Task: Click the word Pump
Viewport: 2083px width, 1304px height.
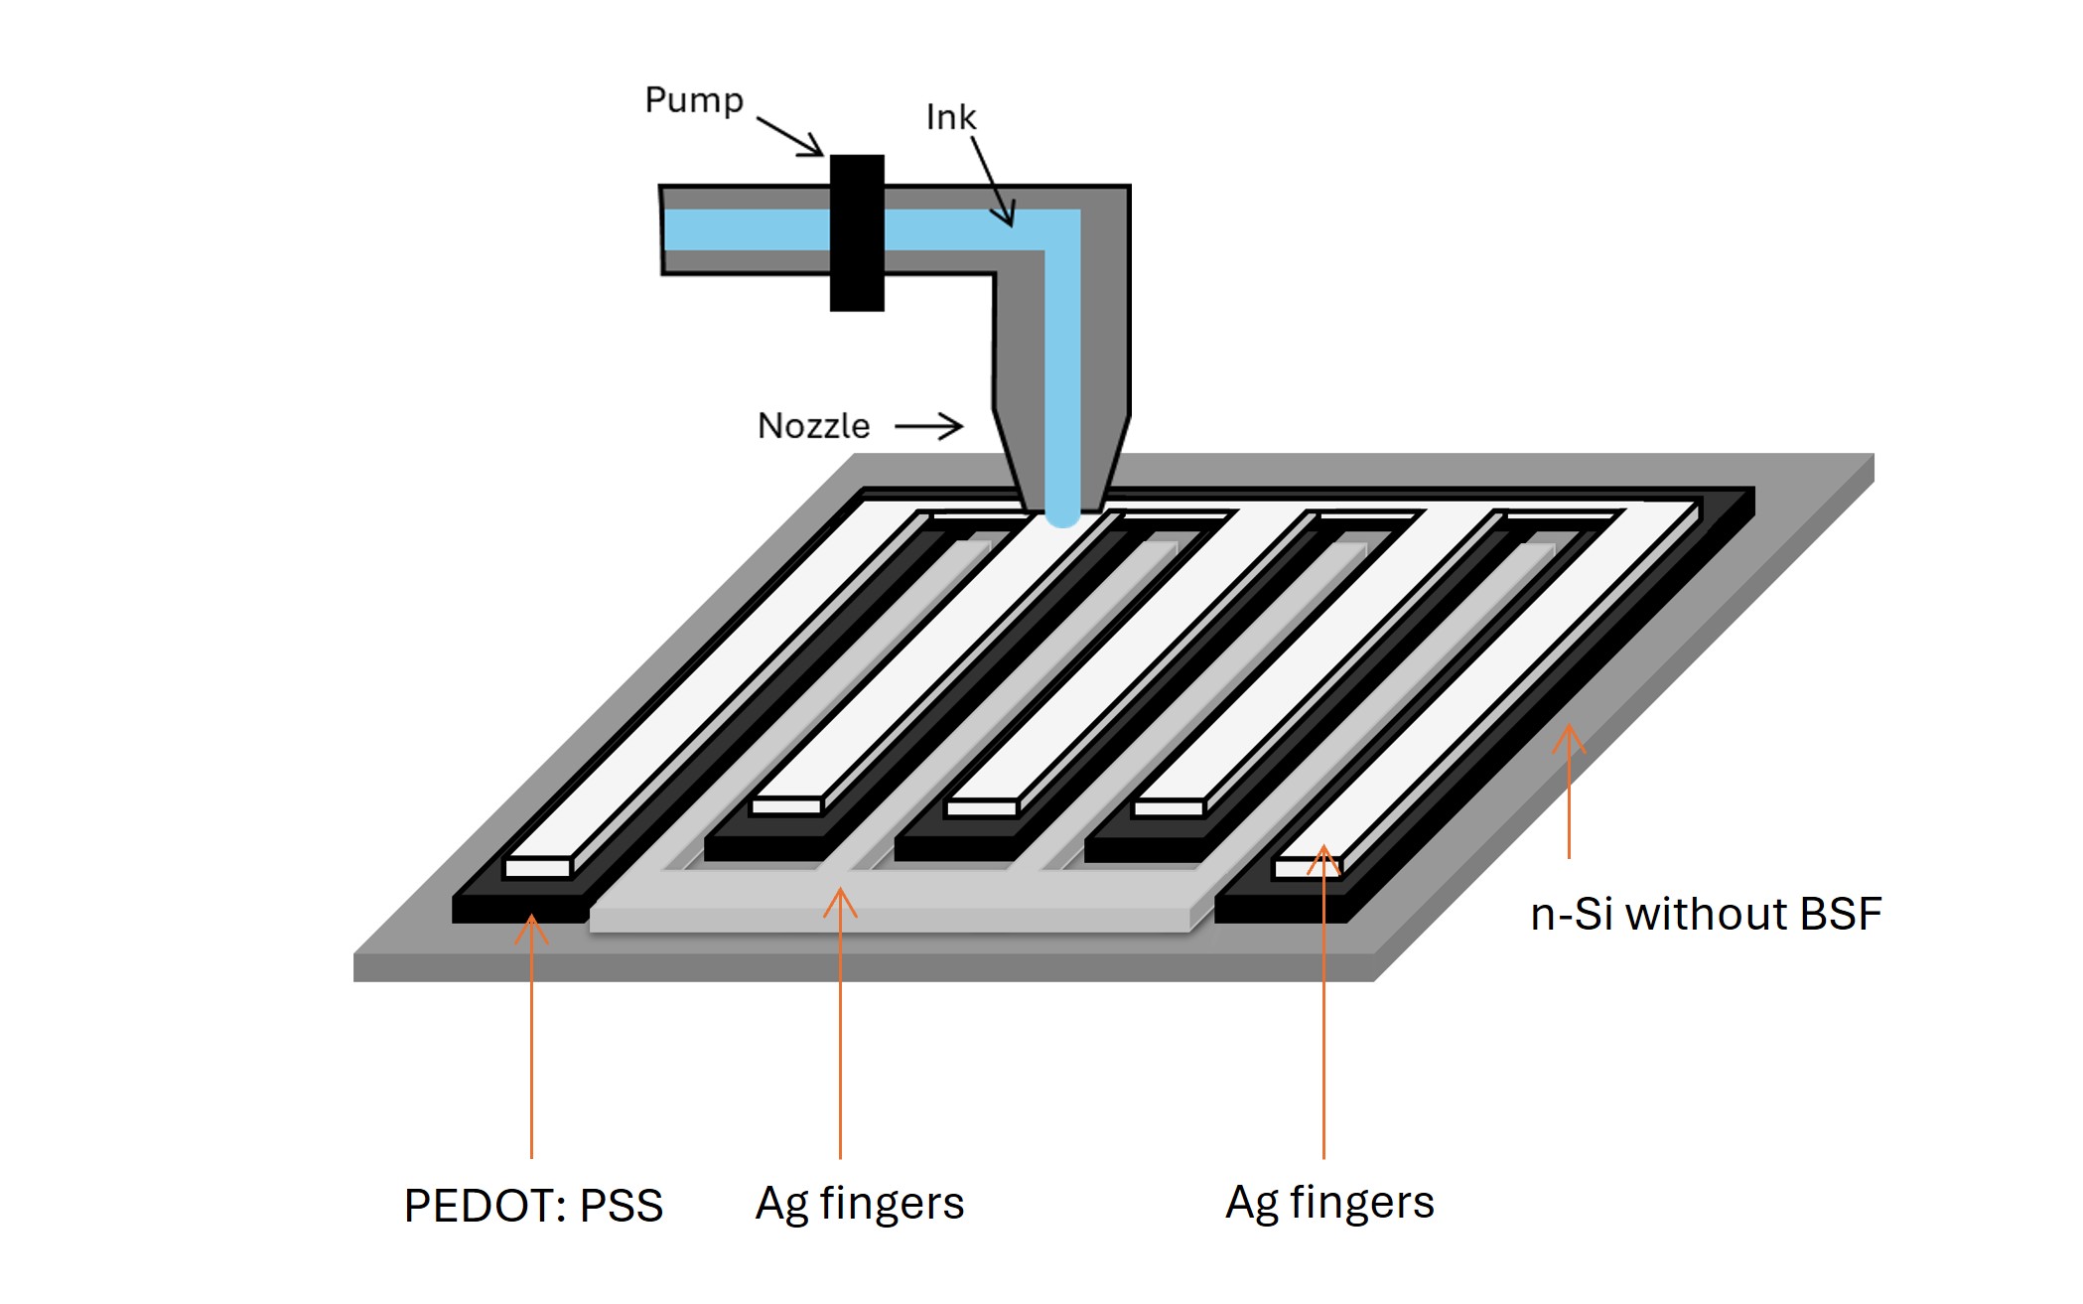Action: pyautogui.click(x=693, y=100)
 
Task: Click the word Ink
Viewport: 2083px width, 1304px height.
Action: pyautogui.click(x=950, y=117)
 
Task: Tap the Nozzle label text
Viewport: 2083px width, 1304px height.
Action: pyautogui.click(x=813, y=426)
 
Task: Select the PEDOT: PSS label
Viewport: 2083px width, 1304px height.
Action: pyautogui.click(x=533, y=1206)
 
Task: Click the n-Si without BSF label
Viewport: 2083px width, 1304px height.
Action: pyautogui.click(x=1705, y=914)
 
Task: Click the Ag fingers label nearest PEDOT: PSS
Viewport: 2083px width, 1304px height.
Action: pyautogui.click(x=859, y=1203)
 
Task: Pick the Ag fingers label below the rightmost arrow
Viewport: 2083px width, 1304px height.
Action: pyautogui.click(x=1329, y=1203)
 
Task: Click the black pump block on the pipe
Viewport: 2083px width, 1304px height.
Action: pyautogui.click(x=857, y=233)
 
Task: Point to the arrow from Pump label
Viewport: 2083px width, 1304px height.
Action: pyautogui.click(x=790, y=137)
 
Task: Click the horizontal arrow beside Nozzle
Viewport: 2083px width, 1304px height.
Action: pyautogui.click(x=928, y=427)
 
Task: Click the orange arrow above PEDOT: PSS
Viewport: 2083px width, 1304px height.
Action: pyautogui.click(x=531, y=1033)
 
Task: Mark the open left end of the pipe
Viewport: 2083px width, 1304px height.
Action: pyautogui.click(x=664, y=230)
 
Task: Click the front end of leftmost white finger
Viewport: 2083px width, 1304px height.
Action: pyautogui.click(x=537, y=868)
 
